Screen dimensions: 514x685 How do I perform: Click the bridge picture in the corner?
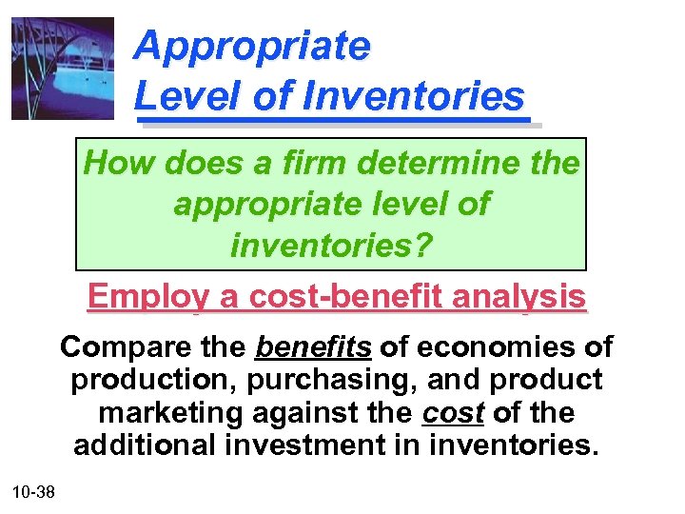pyautogui.click(x=62, y=69)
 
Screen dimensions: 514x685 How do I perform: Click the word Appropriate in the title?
pyautogui.click(x=252, y=46)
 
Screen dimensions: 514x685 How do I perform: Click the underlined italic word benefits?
pyautogui.click(x=314, y=346)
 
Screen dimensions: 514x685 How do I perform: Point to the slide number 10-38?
pyautogui.click(x=33, y=492)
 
